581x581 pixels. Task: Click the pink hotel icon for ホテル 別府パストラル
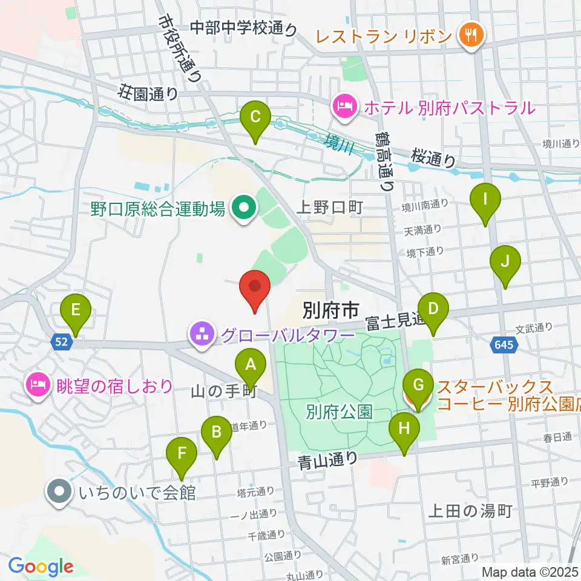[x=344, y=108]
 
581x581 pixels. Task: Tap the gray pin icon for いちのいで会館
[x=59, y=492]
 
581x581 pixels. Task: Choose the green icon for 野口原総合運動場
[x=245, y=209]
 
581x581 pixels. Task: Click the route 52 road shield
[x=63, y=343]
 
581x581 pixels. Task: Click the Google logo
[x=41, y=567]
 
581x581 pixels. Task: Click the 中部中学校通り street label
[x=244, y=28]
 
